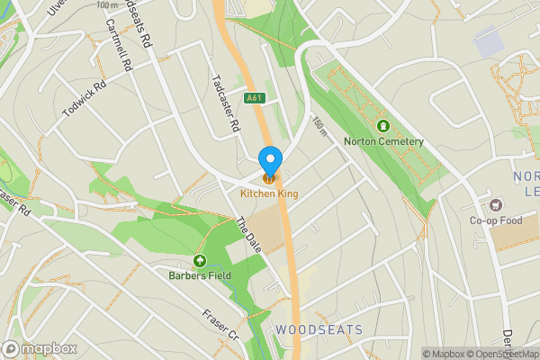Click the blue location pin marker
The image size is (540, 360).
[270, 160]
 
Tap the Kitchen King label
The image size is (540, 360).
[269, 193]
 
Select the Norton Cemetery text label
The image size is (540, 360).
[383, 141]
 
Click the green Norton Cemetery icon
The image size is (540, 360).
[383, 126]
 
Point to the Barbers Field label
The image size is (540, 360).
[200, 274]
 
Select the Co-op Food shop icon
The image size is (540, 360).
[495, 203]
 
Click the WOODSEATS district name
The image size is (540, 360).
[319, 330]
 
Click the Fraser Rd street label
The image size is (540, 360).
[16, 205]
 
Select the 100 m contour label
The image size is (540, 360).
[104, 4]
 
